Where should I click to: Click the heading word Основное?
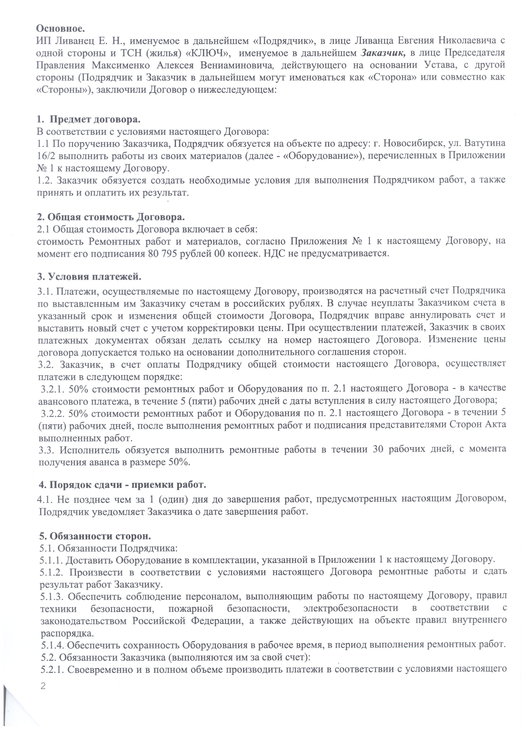(60, 28)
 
